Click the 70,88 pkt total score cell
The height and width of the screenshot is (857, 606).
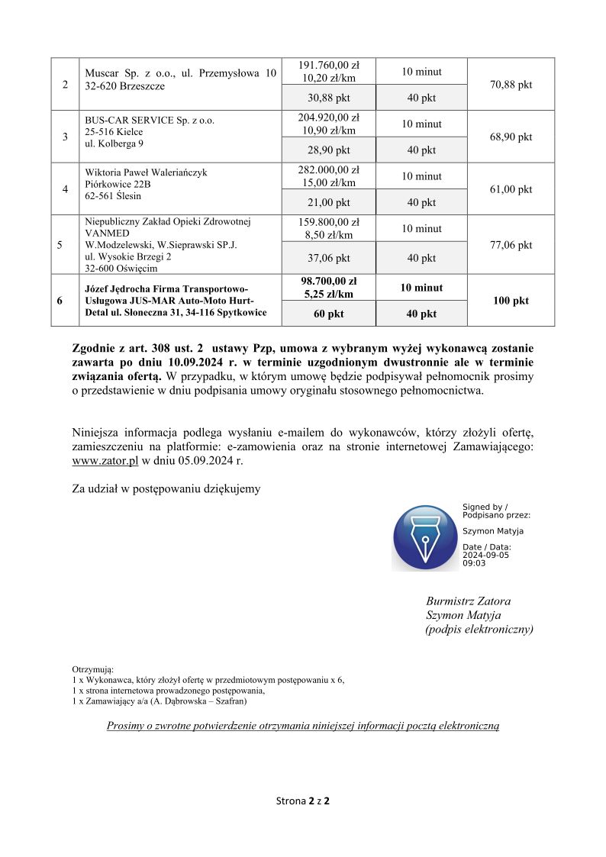point(511,85)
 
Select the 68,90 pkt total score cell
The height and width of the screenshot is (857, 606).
point(511,137)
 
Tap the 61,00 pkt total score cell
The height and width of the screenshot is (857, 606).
point(511,189)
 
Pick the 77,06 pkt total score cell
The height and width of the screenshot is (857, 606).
point(511,245)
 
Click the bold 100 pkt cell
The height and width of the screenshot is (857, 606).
point(511,301)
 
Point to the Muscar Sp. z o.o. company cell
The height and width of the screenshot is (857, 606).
point(180,79)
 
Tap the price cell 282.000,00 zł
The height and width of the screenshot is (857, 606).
point(329,170)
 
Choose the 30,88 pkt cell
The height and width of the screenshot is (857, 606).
point(329,98)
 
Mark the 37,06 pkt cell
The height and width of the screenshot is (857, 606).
point(329,259)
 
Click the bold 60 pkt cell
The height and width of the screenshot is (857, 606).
point(329,314)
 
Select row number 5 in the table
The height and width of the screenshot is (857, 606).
point(60,245)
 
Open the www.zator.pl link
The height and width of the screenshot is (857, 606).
point(105,462)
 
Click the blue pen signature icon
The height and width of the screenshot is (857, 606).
point(424,537)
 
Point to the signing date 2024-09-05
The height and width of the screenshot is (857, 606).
point(485,555)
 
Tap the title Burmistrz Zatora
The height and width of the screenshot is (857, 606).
point(468,601)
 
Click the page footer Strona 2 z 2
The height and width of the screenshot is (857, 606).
point(303,801)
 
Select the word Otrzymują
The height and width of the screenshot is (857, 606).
point(92,669)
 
